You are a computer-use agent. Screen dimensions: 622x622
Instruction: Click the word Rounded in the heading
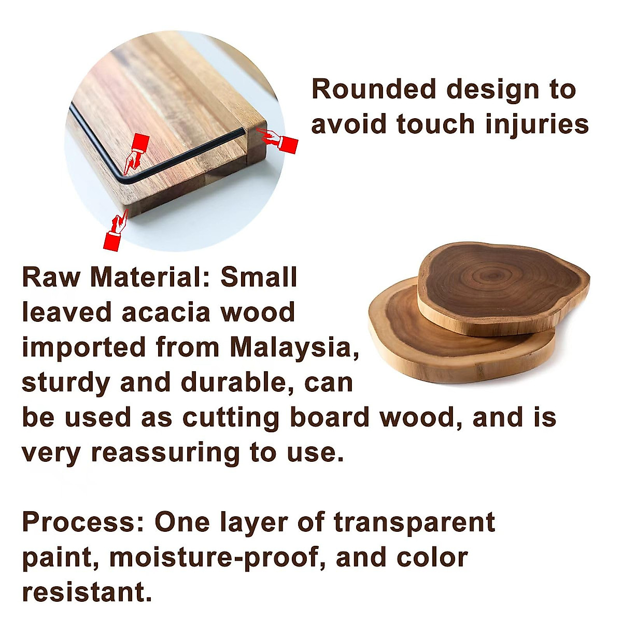pos(374,89)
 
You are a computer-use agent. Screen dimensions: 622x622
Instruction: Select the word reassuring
pos(165,453)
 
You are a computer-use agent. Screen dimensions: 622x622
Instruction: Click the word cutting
pos(231,418)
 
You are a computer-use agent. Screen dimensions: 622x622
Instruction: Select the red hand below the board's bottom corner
pos(116,230)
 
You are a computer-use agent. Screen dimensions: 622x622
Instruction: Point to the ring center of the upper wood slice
pos(493,275)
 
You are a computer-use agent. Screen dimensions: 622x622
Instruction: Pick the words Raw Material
pos(117,277)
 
